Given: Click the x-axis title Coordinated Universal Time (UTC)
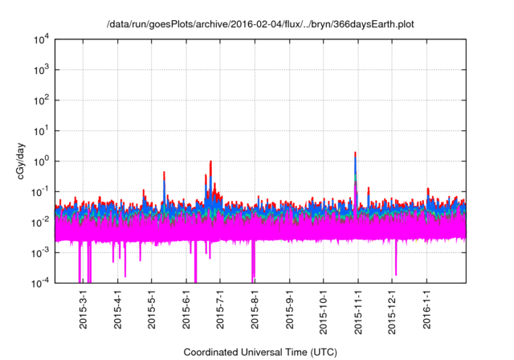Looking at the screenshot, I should tap(260, 352).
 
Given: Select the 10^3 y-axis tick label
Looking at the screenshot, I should tap(40, 70).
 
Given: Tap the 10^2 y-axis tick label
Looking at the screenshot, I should tap(40, 100).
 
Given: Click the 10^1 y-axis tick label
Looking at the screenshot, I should tap(40, 130).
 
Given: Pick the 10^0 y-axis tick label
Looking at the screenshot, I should tap(40, 161).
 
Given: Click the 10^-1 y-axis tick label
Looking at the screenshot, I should tap(40, 191).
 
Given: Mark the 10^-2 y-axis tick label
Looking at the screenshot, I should tap(40, 222).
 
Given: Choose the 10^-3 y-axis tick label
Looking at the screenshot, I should tap(40, 252).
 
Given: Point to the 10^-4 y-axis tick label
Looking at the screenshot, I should tap(40, 282).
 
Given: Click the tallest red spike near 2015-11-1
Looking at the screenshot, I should tap(355, 153).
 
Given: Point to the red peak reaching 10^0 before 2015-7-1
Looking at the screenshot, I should tap(210, 162).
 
